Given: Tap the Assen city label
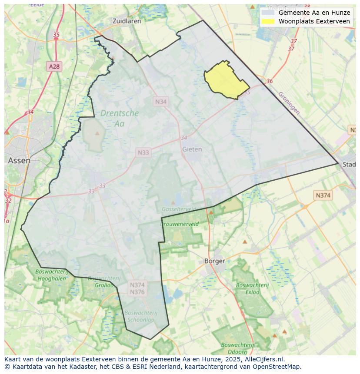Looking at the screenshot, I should [19, 160].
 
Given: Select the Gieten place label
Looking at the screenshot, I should [192, 149].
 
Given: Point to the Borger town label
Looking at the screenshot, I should [215, 261].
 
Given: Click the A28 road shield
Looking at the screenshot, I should [54, 66].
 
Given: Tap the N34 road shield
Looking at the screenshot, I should [161, 101].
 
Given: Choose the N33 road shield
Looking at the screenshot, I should [143, 152].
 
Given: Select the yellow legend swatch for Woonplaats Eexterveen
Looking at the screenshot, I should [268, 21].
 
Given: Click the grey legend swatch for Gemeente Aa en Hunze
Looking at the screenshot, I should [268, 13].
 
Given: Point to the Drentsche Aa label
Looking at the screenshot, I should [120, 118].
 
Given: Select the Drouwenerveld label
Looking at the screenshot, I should [180, 224].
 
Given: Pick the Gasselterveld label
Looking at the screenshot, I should [178, 209].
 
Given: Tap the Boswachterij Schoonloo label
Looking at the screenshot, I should [140, 316].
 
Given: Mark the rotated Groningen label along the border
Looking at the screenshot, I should [289, 103].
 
